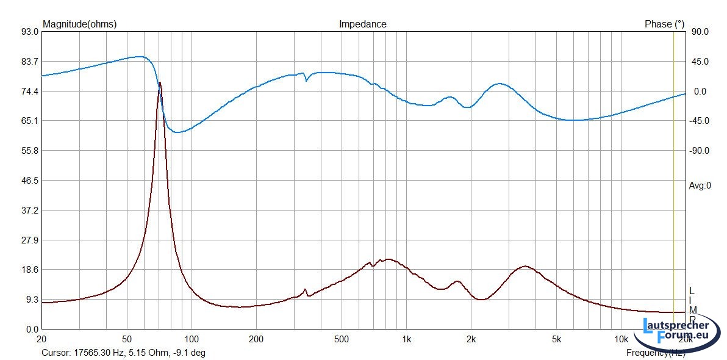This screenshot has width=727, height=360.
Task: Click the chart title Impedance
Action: click(x=362, y=24)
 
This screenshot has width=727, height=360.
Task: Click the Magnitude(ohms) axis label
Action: click(x=79, y=24)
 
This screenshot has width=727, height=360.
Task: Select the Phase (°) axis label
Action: click(x=664, y=24)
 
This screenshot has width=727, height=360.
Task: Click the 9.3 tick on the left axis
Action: click(x=32, y=300)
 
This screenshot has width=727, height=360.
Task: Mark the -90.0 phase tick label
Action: click(x=699, y=151)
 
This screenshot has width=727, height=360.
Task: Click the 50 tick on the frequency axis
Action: click(x=127, y=339)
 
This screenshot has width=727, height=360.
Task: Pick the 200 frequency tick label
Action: click(x=256, y=339)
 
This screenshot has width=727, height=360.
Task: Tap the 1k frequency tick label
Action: click(x=406, y=339)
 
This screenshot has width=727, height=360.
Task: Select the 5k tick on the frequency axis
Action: click(x=556, y=339)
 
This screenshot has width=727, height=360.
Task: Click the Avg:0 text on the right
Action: click(x=700, y=185)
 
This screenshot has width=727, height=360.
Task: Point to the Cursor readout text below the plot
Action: click(x=123, y=353)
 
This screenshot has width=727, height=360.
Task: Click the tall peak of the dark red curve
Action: click(x=160, y=83)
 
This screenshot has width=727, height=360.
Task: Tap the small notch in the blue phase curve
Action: click(x=306, y=80)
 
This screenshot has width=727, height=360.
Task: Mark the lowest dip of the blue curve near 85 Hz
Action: click(x=177, y=132)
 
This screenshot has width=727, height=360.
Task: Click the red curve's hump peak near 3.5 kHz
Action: click(x=525, y=266)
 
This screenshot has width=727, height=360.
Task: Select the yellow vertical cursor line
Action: click(x=673, y=183)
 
